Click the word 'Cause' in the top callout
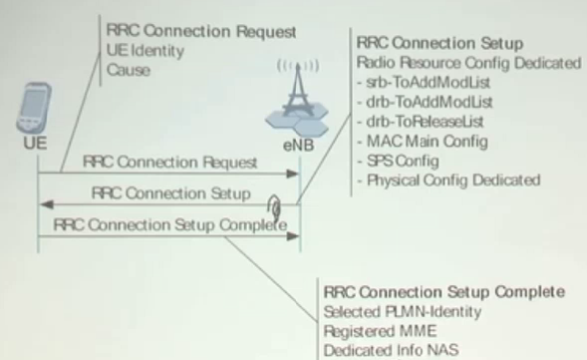coord(131,70)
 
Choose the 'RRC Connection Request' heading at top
coord(188,32)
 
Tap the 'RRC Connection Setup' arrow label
coord(170,192)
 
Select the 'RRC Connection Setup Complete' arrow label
coord(170,224)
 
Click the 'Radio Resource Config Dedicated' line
coord(468,63)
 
